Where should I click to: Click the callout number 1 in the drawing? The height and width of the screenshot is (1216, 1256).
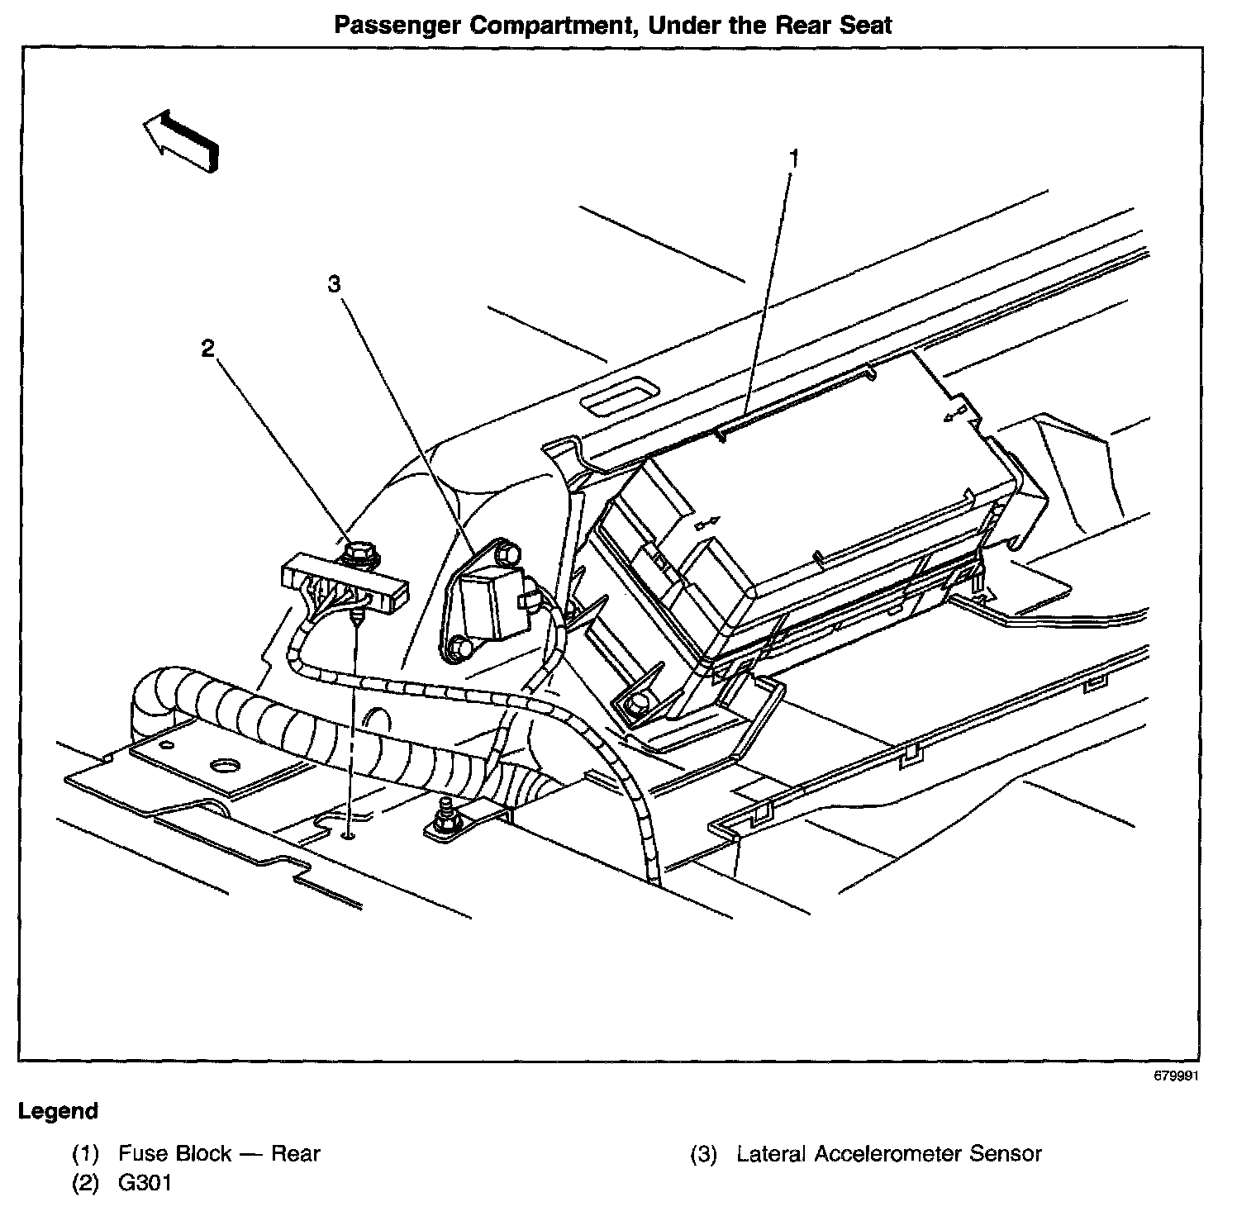[x=793, y=159]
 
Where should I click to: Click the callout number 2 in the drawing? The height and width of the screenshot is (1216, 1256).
[x=207, y=349]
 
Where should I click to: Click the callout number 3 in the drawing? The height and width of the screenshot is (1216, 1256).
[x=333, y=284]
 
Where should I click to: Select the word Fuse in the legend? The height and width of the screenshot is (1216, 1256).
[x=141, y=1153]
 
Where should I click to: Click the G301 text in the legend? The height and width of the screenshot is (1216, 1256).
[x=145, y=1183]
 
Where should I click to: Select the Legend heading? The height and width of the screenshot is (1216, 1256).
[x=58, y=1111]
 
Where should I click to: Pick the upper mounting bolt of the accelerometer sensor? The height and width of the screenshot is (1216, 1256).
[x=510, y=552]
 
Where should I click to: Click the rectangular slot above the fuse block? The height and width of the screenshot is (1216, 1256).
[x=620, y=399]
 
